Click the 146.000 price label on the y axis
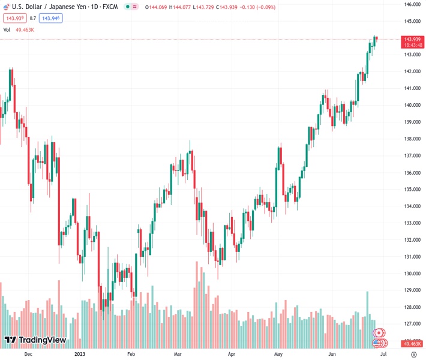411,4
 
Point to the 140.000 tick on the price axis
411,105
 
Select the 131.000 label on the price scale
411,257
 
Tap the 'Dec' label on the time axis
28,354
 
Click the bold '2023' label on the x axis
80,354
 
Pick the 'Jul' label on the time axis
383,354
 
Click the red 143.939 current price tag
412,39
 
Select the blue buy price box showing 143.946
50,18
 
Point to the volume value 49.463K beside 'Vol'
25,29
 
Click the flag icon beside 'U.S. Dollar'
7,7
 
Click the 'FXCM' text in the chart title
109,7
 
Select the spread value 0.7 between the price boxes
33,18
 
